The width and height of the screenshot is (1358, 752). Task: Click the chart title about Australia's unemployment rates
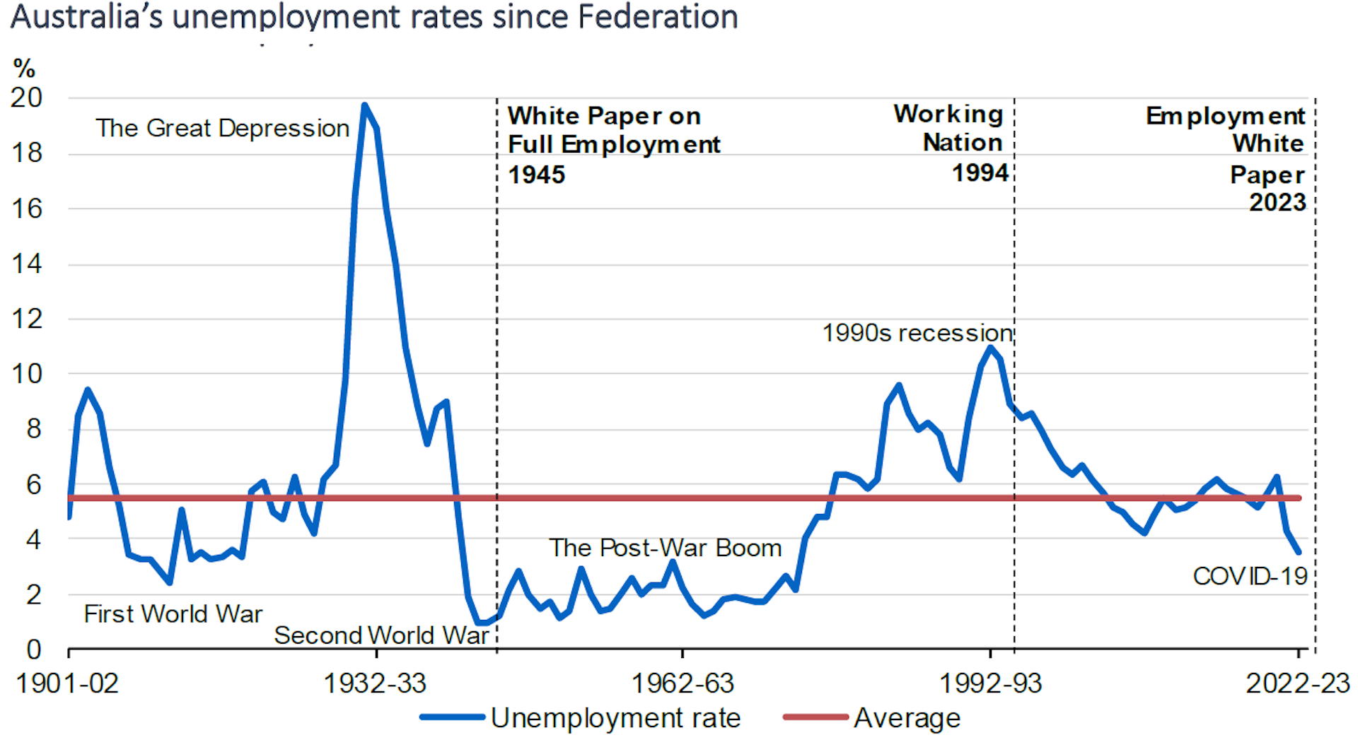coord(374,17)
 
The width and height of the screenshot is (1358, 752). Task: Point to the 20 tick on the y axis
coord(26,98)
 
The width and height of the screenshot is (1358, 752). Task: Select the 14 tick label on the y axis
coord(26,264)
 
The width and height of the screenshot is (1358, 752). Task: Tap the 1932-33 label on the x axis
coord(375,683)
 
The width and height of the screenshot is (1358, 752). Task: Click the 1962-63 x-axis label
coord(682,683)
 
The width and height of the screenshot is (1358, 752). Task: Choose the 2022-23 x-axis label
coord(1297,683)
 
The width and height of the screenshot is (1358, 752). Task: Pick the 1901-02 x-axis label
coord(67,683)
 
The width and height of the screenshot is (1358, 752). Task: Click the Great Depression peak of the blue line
coord(364,106)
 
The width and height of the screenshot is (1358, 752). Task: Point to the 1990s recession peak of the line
coord(990,347)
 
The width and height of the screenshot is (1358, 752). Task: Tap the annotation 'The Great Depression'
coord(222,128)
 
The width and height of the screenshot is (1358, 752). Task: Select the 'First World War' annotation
coord(173,613)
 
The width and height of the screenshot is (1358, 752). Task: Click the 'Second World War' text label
coord(381,635)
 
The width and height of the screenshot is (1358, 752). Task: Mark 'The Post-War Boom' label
coord(665,548)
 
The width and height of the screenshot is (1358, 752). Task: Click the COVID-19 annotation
coord(1250,576)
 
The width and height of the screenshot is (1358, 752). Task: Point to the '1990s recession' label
coord(917,332)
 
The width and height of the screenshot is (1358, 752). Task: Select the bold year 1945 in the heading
coord(537,175)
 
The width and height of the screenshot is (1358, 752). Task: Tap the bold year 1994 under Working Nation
coord(980,172)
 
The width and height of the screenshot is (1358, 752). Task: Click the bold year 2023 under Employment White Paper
coord(1277,202)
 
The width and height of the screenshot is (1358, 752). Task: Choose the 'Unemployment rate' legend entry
coord(615,718)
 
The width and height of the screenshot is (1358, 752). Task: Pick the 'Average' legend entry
coord(907,718)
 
